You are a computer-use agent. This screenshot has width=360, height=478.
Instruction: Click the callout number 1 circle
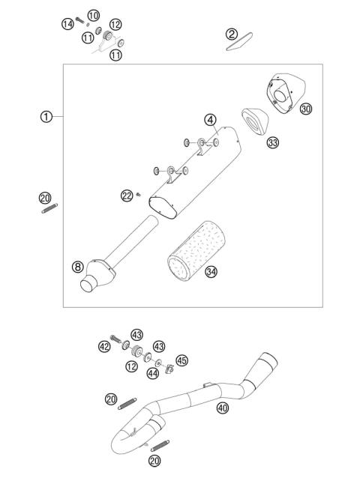point(46,116)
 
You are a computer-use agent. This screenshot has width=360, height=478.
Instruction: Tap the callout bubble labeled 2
point(232,34)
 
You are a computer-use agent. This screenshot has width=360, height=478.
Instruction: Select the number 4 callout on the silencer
point(211,119)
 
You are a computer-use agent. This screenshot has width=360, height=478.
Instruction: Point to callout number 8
point(76,266)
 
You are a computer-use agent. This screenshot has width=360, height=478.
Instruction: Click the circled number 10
point(93,16)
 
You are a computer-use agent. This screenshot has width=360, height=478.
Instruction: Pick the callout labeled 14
point(67,24)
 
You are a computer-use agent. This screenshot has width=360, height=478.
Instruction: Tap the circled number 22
point(127,196)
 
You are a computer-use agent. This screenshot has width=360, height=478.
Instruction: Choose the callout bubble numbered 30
point(305,109)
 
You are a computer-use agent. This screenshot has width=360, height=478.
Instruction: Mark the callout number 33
point(272,142)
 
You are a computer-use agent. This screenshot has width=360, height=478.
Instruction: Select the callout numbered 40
point(222,408)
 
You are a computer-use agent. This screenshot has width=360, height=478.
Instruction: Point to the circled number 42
point(104,346)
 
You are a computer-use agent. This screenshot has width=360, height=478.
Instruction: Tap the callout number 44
point(154,373)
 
